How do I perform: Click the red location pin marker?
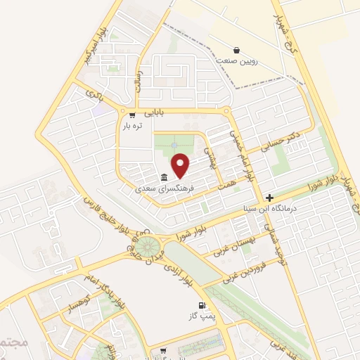181,165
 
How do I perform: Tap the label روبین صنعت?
238,61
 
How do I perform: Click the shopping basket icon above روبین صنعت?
238,51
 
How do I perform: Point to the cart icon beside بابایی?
131,112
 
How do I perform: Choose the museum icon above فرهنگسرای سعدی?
164,176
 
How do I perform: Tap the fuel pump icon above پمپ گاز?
202,306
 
